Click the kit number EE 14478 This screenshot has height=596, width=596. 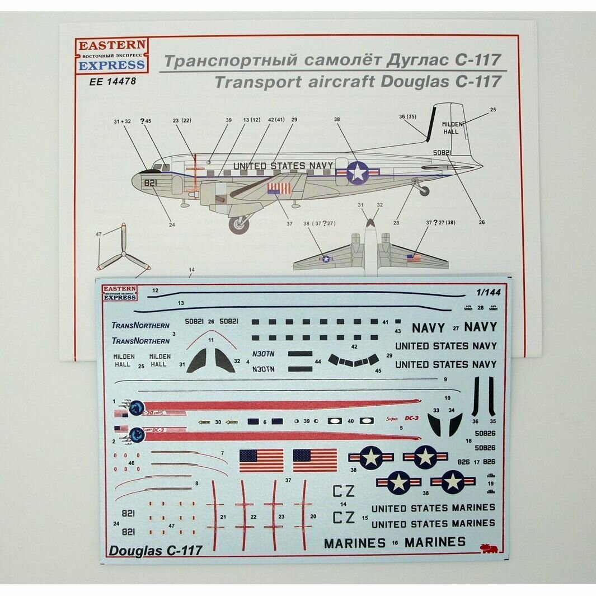(112, 81)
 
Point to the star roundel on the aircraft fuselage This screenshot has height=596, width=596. (358, 172)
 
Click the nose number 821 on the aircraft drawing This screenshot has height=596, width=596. (151, 183)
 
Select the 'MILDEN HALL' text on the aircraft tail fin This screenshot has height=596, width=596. (450, 128)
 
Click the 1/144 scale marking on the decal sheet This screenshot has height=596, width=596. (484, 292)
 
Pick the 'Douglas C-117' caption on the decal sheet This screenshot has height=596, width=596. (156, 550)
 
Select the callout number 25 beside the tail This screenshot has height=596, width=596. (492, 110)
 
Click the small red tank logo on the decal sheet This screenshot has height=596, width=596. (489, 548)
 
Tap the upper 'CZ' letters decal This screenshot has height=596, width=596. (343, 491)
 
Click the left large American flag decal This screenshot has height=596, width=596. (261, 460)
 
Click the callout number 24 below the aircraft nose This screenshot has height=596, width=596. (172, 224)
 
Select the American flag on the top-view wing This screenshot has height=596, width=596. (413, 258)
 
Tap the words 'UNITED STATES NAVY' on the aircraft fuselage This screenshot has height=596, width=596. (283, 166)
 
